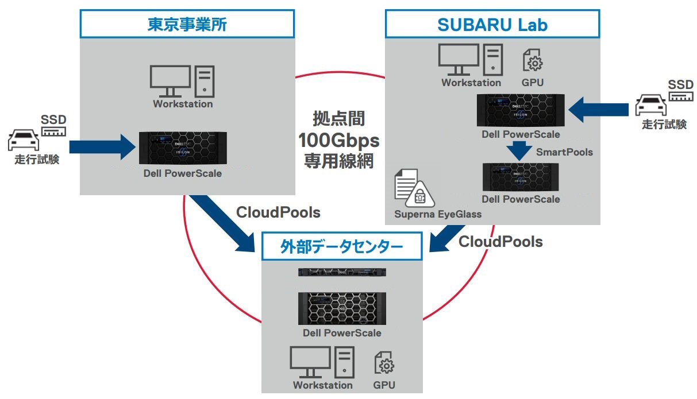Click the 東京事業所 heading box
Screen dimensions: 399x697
tap(187, 24)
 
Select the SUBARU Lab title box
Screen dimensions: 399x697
tap(492, 24)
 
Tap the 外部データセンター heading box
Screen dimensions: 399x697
tap(342, 247)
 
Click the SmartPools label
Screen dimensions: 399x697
tap(564, 152)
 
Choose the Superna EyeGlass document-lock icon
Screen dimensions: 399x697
tap(413, 188)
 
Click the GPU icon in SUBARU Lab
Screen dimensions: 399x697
tap(532, 60)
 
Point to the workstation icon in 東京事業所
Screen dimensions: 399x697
tap(182, 82)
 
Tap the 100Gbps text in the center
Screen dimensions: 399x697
tap(338, 140)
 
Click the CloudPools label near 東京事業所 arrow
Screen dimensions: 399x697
tap(278, 212)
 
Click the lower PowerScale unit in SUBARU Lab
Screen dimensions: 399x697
tap(521, 177)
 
